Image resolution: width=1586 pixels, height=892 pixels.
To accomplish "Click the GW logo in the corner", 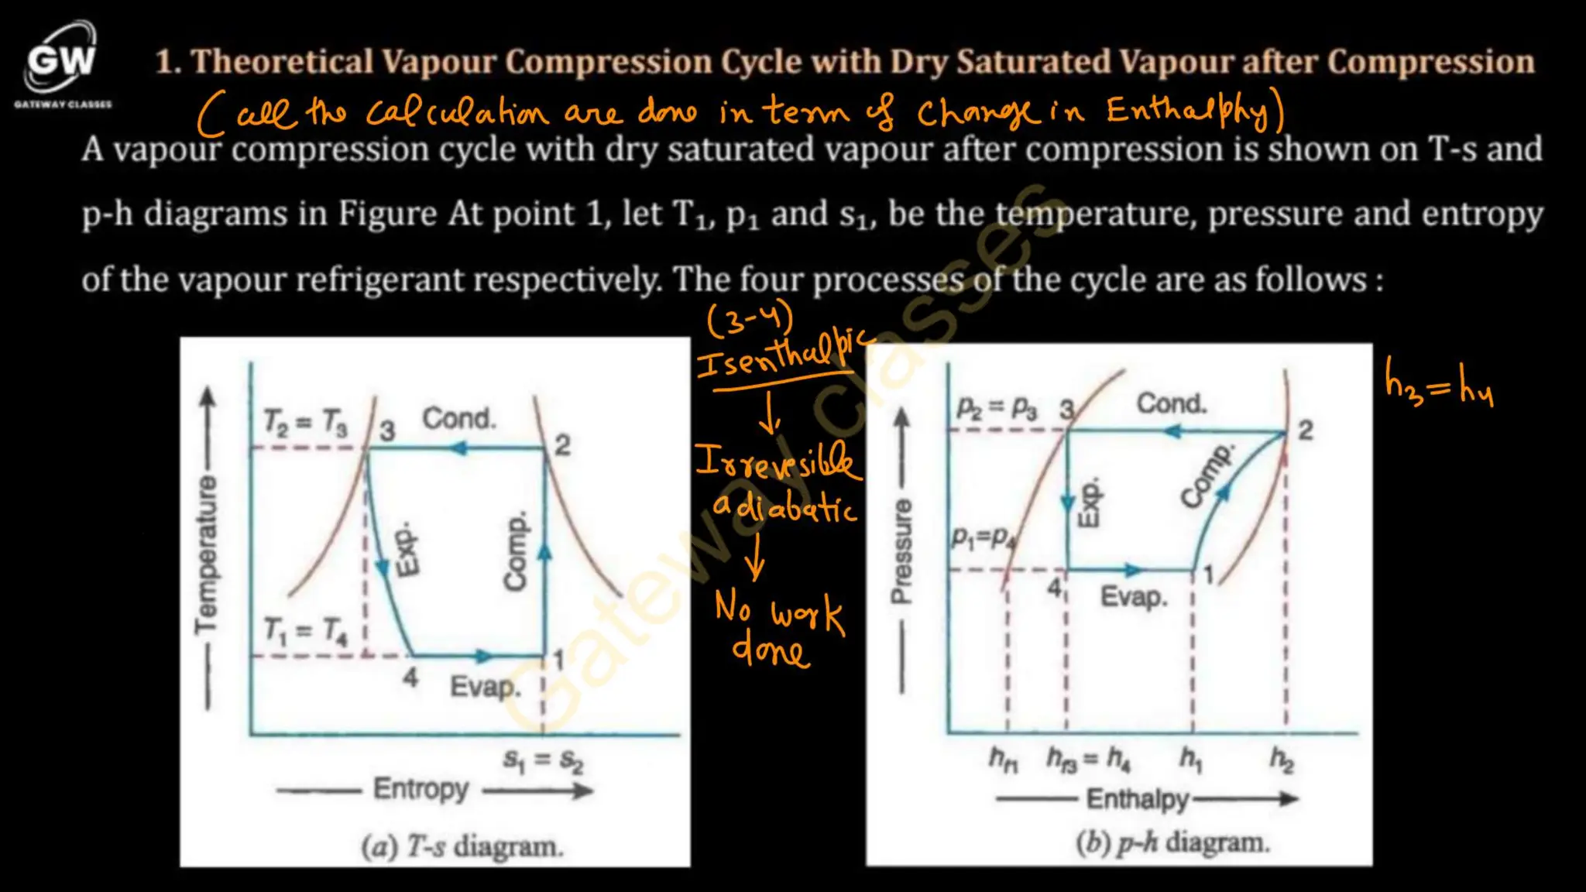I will point(62,60).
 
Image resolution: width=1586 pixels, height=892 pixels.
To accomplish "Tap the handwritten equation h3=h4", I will point(1439,385).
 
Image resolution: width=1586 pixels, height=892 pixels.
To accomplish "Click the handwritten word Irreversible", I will point(777,462).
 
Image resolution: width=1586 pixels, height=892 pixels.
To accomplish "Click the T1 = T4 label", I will point(305,631).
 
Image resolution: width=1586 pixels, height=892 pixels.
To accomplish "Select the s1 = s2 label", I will point(544,761).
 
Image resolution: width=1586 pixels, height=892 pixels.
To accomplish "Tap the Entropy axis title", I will point(421,789).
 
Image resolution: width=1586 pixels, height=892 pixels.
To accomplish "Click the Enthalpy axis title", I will point(1137,799).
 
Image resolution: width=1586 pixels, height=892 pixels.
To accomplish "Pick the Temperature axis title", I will point(207,553).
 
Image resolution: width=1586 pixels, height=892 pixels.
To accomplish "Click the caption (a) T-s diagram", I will point(462,846).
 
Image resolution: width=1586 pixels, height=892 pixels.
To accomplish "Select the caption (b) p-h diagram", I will point(1172,842).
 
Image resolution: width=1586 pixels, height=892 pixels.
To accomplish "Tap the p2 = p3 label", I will point(997,407).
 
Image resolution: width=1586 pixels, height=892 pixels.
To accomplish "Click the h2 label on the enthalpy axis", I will point(1282,760).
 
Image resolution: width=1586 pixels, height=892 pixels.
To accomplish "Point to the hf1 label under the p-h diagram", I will point(1004,759).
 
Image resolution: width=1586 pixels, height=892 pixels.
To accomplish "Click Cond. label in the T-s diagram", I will point(458,419).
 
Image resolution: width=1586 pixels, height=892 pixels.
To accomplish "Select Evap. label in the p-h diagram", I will point(1134,597).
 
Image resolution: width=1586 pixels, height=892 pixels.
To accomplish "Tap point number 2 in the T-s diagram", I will point(563,445).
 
